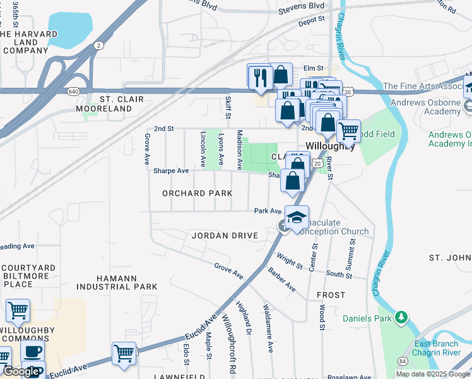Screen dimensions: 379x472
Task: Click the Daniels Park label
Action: [x=367, y=318]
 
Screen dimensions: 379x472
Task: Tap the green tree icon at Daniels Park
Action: [x=399, y=316]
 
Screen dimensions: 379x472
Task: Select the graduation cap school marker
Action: [x=297, y=218]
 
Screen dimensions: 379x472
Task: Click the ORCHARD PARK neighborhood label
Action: [x=197, y=193]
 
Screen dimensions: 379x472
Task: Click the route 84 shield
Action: [x=402, y=361]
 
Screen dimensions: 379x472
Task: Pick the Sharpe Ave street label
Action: [x=171, y=171]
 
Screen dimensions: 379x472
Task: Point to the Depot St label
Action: [x=312, y=21]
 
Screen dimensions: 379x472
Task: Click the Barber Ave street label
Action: [x=281, y=279]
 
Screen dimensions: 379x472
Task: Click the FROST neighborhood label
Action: [x=331, y=295]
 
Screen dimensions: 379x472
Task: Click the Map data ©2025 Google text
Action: [x=434, y=374]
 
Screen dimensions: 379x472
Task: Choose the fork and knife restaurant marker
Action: [x=260, y=78]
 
